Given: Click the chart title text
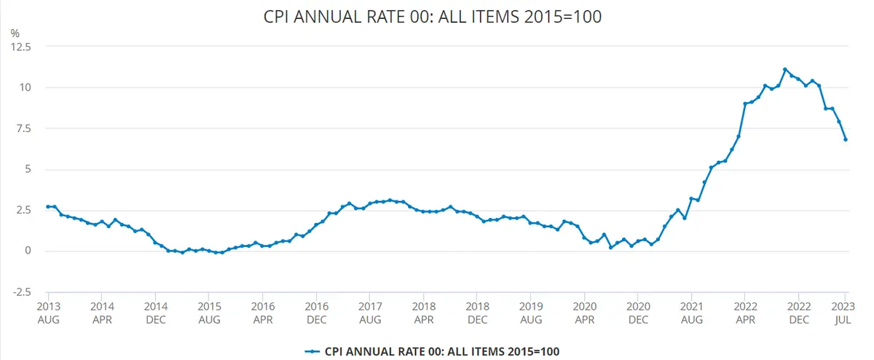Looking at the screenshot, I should (x=433, y=17).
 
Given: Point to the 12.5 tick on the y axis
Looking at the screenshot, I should (x=22, y=47).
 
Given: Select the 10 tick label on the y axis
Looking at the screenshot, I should (x=26, y=87).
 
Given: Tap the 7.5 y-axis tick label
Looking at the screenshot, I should (x=24, y=128).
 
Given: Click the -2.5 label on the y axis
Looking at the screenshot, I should (x=22, y=292).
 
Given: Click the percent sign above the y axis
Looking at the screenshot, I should (x=15, y=33).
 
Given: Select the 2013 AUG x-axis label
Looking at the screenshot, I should (x=48, y=313).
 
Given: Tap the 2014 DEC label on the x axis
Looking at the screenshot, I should (x=155, y=313).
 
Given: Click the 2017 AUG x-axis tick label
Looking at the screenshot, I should (x=370, y=313).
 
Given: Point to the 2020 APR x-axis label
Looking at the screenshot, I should (x=585, y=313).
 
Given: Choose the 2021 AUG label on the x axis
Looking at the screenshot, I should (x=692, y=313).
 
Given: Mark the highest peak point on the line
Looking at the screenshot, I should (x=785, y=70).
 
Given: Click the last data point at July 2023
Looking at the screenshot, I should (x=846, y=140).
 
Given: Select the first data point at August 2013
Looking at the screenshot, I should (x=48, y=207).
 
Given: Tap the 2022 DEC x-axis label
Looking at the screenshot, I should (x=799, y=313).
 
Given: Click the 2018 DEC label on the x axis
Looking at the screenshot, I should (x=477, y=313).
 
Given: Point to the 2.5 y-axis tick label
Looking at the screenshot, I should (x=24, y=211).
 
